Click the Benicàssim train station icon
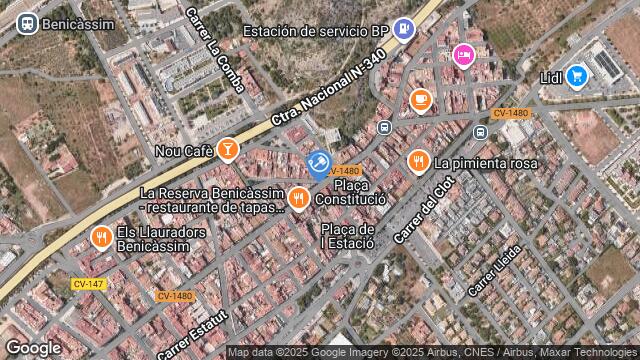[27, 23]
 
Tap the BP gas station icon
[403, 30]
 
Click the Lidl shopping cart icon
[576, 75]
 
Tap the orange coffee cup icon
[420, 99]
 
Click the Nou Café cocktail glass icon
[228, 150]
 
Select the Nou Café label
[185, 151]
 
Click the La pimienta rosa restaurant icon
[418, 161]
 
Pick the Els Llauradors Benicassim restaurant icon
[100, 238]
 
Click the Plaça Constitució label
[351, 192]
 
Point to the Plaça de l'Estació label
[347, 236]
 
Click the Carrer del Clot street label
[425, 209]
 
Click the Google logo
[33, 347]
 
